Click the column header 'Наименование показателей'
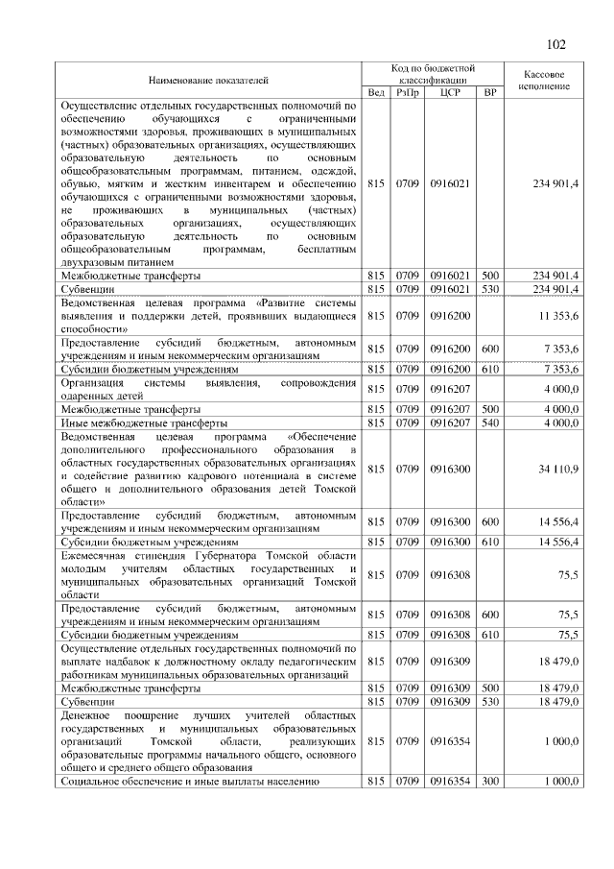pos(208,79)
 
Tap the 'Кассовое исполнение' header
pos(544,79)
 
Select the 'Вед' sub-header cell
pos(376,92)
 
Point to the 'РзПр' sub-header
pos(409,92)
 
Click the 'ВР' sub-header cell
pos(490,92)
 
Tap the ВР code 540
pos(490,422)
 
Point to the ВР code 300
pos(490,782)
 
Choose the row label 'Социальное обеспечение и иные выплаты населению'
pos(183,782)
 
